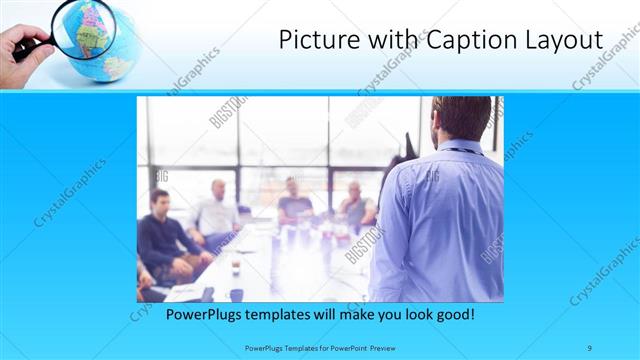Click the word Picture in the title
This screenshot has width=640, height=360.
313,40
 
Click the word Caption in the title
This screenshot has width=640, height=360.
468,40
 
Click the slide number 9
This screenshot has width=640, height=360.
590,347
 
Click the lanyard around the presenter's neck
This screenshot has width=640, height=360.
462,151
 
